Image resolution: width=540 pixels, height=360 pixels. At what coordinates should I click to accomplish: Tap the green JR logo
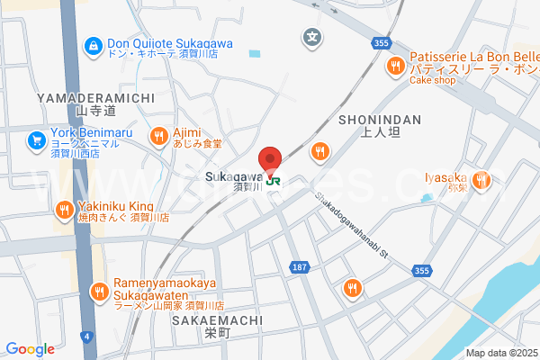tap(273, 179)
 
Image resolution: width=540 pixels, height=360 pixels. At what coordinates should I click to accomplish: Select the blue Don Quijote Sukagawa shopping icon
tap(94, 44)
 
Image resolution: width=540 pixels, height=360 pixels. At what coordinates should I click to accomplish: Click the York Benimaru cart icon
tap(37, 139)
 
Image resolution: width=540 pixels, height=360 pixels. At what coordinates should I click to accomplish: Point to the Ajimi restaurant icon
tap(159, 136)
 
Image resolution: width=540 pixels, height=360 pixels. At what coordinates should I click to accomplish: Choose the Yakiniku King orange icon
tap(63, 211)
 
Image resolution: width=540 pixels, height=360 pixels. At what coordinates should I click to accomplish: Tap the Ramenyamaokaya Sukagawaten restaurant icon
tap(100, 290)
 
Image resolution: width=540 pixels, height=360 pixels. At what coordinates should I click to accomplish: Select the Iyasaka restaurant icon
tap(481, 179)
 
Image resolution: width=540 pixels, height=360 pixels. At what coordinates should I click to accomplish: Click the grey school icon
tap(311, 38)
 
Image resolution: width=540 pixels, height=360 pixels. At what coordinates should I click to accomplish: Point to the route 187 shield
tap(300, 266)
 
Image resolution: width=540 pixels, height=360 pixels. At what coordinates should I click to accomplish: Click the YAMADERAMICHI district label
tap(96, 96)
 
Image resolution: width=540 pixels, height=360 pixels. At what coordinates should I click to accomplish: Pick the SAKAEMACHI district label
tap(220, 319)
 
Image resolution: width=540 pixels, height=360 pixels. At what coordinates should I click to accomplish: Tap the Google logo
tap(31, 349)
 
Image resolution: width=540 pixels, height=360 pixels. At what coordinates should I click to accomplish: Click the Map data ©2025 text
tap(500, 353)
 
